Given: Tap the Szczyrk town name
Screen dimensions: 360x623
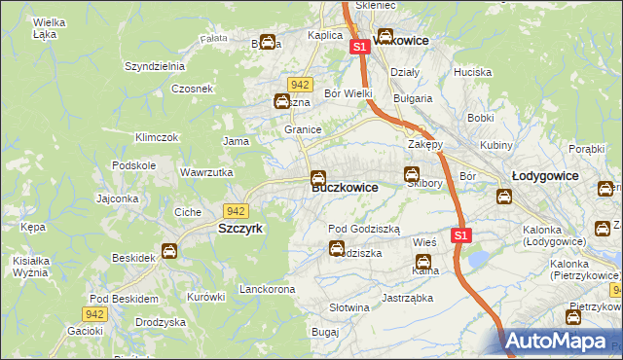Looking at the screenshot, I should coord(235,226).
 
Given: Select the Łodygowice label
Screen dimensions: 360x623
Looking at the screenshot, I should coord(545,176).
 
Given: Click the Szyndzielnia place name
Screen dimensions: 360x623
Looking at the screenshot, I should coord(154,66).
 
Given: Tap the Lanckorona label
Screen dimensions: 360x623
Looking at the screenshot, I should coord(267,290).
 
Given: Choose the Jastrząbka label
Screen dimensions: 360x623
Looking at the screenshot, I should coord(406,298).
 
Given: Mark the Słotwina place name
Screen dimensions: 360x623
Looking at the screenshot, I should coord(349,307).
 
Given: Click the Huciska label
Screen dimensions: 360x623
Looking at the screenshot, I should coord(472,72).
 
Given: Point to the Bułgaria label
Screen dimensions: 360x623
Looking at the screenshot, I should coord(412,98).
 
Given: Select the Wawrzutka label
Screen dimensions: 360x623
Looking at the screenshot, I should coord(205,172).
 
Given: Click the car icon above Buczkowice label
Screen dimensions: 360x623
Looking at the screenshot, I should coord(317,178).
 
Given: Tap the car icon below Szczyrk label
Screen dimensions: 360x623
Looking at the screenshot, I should coord(168,251).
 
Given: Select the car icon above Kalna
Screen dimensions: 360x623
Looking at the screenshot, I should coord(423,261).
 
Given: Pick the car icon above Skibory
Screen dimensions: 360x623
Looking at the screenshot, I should coord(412,174).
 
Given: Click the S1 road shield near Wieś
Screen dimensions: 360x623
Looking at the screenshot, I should coord(461,235).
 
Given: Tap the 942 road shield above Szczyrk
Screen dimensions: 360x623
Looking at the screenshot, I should coord(235,210).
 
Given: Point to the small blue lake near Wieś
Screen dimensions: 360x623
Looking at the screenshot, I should coord(478,259).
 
